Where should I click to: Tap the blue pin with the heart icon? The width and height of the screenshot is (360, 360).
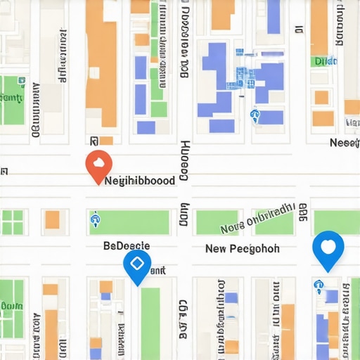tap(328, 248)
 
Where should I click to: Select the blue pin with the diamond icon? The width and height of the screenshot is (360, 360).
tap(137, 265)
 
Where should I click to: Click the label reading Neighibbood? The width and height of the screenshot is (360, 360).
tap(139, 181)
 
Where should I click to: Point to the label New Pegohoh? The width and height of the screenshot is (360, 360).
tap(242, 249)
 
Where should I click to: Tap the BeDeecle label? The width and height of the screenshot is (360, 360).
tap(127, 245)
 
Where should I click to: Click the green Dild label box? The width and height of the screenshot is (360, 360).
tap(326, 61)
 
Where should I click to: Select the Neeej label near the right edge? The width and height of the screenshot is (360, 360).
tap(345, 143)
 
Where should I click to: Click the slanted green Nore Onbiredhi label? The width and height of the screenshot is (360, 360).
tap(257, 219)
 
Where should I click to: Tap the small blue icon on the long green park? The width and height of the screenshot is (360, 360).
tap(94, 221)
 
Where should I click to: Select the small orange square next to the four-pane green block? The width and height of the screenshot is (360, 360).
tap(53, 220)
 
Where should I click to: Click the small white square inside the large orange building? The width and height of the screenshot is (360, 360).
tap(101, 140)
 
